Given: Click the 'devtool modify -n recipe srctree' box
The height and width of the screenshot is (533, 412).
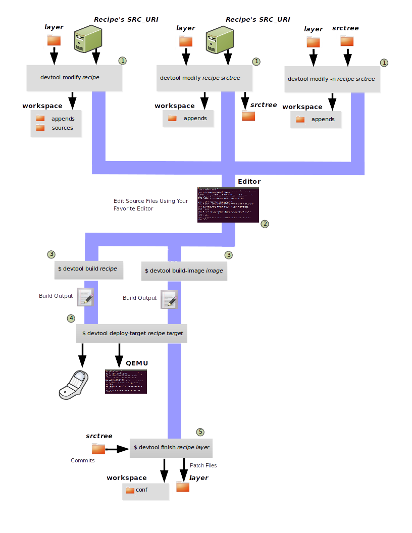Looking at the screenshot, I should click(331, 79).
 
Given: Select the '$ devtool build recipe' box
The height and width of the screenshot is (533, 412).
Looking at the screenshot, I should click(88, 269).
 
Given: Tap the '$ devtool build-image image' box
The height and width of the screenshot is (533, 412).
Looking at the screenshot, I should click(184, 271).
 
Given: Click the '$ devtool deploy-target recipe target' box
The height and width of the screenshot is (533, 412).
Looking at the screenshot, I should click(132, 334).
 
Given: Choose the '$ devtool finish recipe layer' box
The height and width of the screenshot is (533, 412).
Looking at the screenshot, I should click(171, 448).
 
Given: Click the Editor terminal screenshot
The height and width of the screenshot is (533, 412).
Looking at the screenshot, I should click(228, 204).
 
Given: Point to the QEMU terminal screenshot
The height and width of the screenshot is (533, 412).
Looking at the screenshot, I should click(126, 381).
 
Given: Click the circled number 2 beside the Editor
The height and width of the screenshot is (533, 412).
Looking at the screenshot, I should click(265, 224).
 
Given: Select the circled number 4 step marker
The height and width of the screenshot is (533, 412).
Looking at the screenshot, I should click(71, 318).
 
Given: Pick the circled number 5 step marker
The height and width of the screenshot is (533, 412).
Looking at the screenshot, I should click(200, 432).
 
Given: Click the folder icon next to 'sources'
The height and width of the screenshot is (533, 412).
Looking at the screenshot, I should click(40, 128).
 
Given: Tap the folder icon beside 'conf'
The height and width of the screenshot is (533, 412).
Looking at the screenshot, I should click(130, 490).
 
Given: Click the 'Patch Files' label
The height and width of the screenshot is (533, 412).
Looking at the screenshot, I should click(203, 465).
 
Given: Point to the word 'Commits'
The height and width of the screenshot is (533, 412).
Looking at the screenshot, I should click(83, 460).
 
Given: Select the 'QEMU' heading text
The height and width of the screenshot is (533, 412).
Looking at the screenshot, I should click(137, 363).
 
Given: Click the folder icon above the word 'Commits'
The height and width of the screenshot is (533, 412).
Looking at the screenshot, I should click(98, 448).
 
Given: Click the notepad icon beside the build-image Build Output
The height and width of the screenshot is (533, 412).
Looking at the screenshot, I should click(169, 299).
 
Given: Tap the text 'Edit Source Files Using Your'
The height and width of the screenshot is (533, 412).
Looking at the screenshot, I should click(150, 201).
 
